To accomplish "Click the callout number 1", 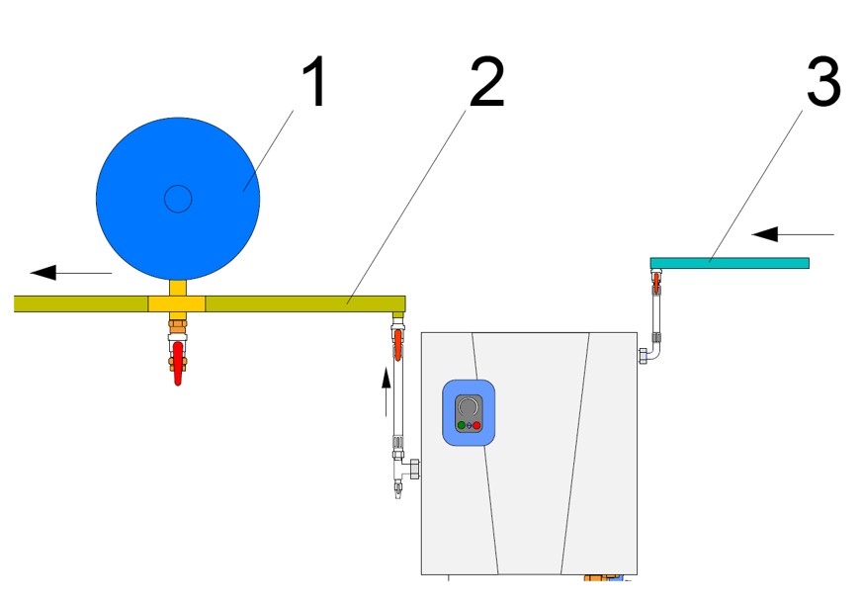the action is coord(315,82).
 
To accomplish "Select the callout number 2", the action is coord(487,82).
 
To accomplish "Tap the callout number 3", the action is coord(823,82).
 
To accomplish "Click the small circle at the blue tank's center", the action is coord(178,199).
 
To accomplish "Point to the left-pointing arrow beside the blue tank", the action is coord(71,272).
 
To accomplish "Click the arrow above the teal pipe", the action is coord(793,234).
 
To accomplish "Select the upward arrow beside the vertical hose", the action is coord(387,391).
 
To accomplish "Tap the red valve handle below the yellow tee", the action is coord(178,363).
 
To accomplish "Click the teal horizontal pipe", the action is coord(730,263).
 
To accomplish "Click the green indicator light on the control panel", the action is coord(462,425).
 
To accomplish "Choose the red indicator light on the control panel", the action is coord(476,425).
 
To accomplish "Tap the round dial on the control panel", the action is coord(469,406).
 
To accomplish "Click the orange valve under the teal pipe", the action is coord(656,283).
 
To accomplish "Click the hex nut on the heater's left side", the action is coord(414,469).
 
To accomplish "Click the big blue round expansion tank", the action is coord(178,199).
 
